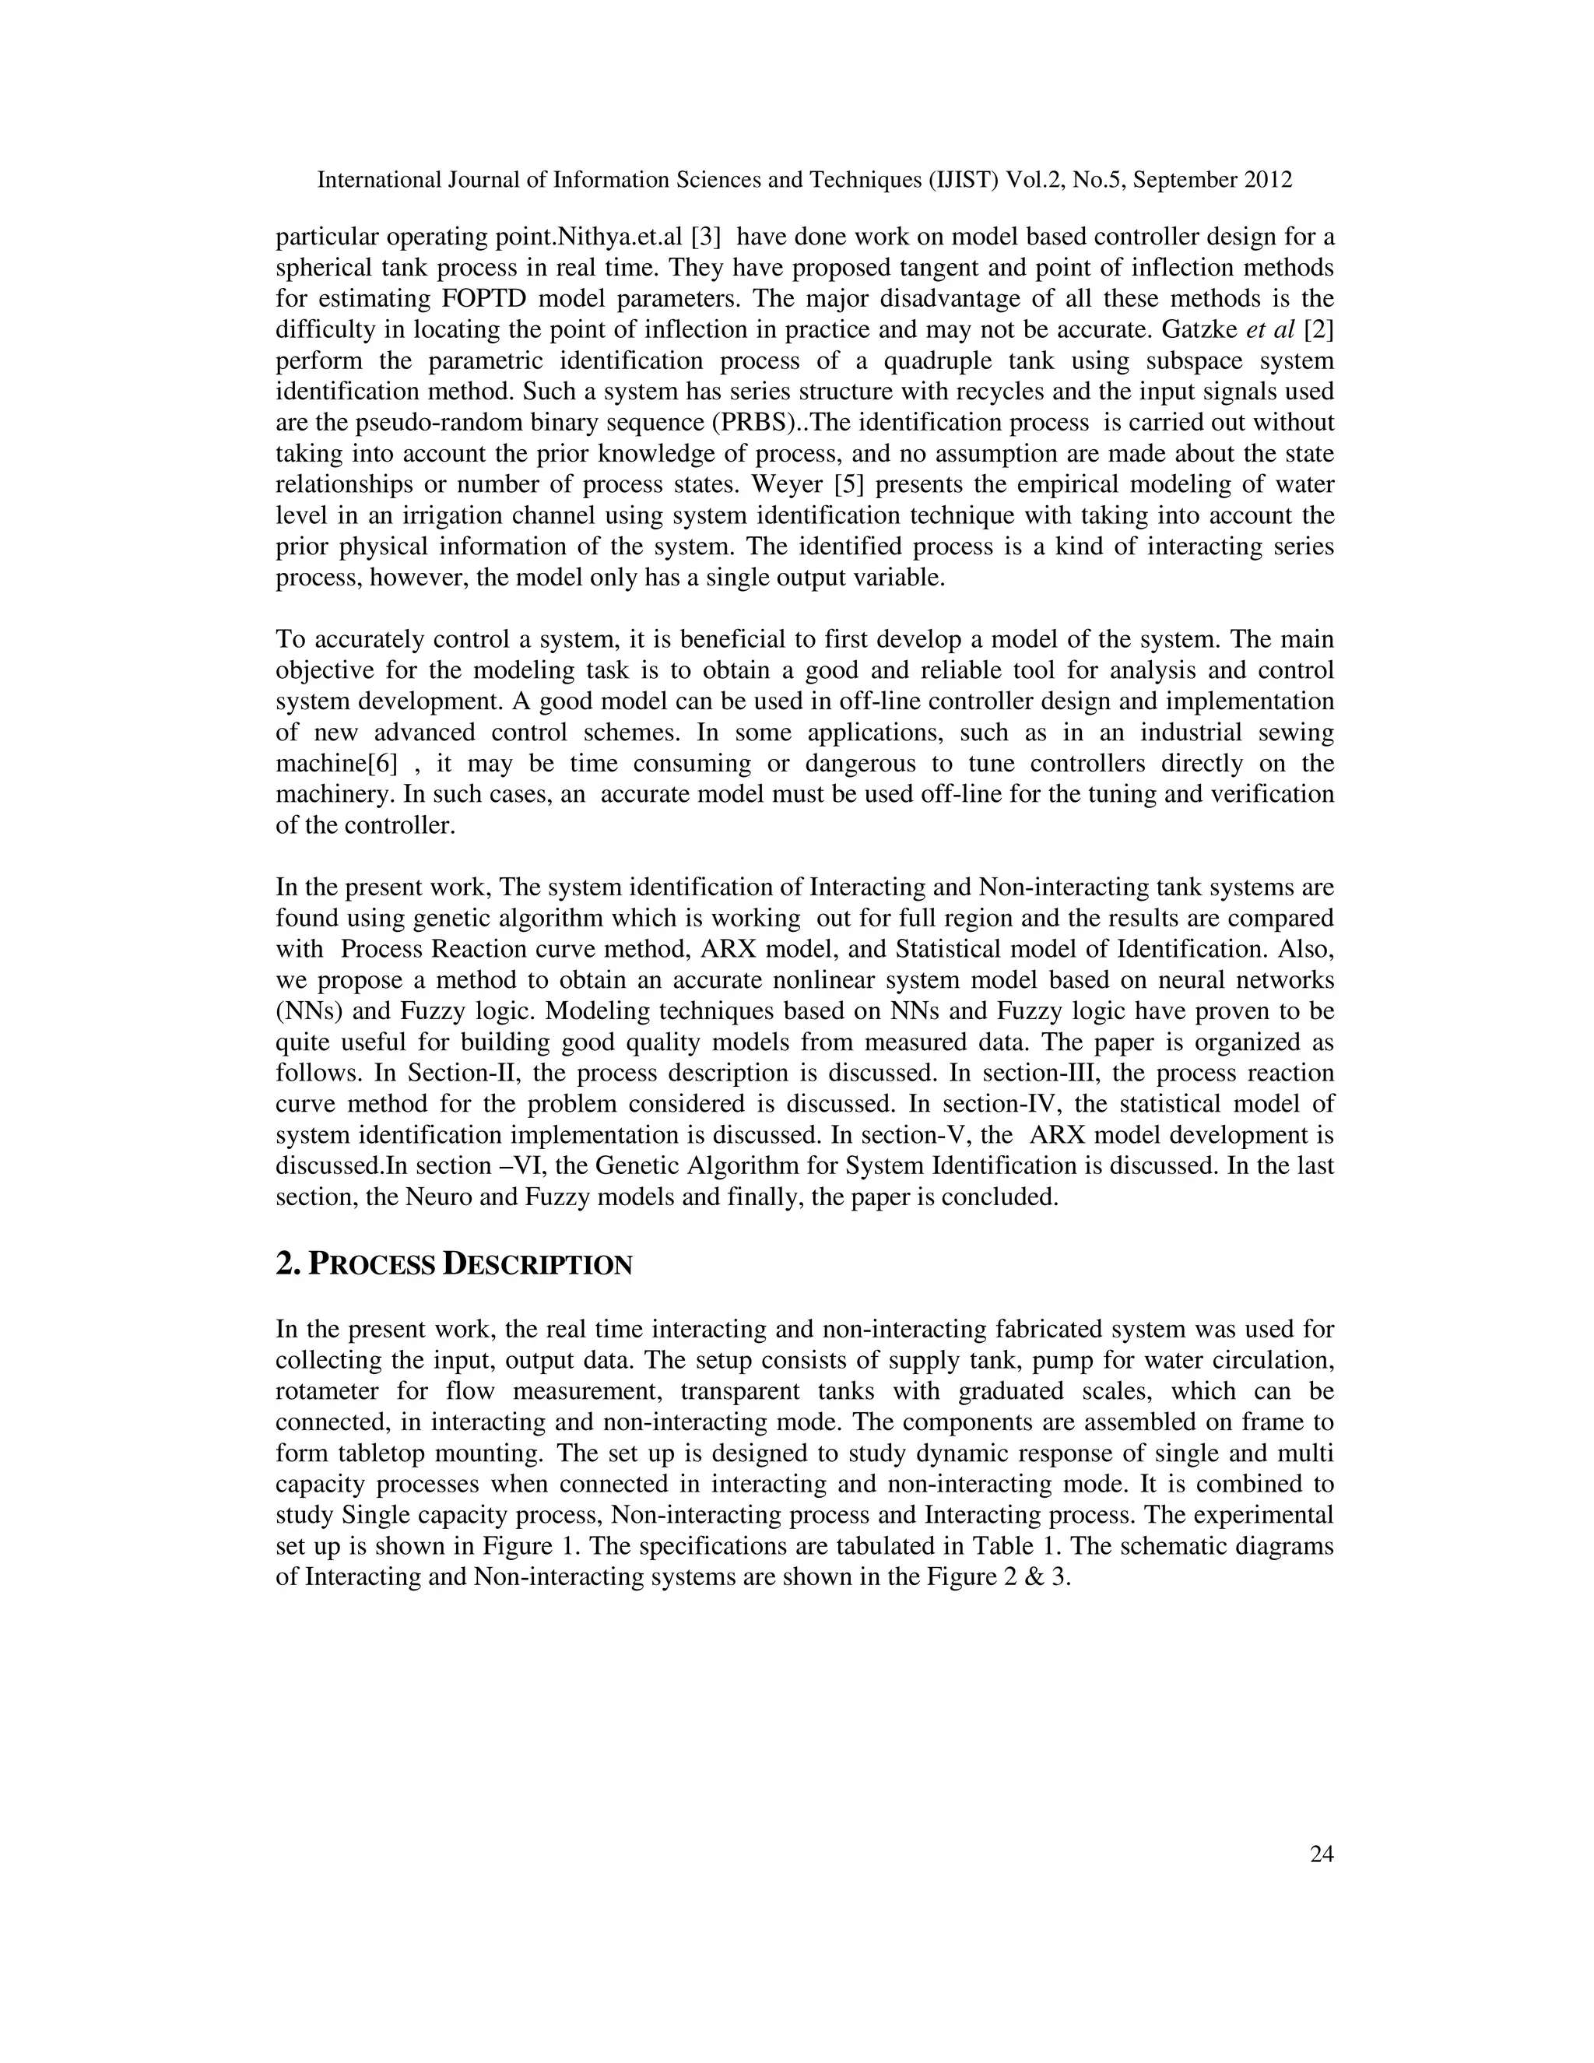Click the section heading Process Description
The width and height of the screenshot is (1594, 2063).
tap(453, 1263)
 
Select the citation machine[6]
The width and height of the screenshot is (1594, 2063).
tap(337, 763)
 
